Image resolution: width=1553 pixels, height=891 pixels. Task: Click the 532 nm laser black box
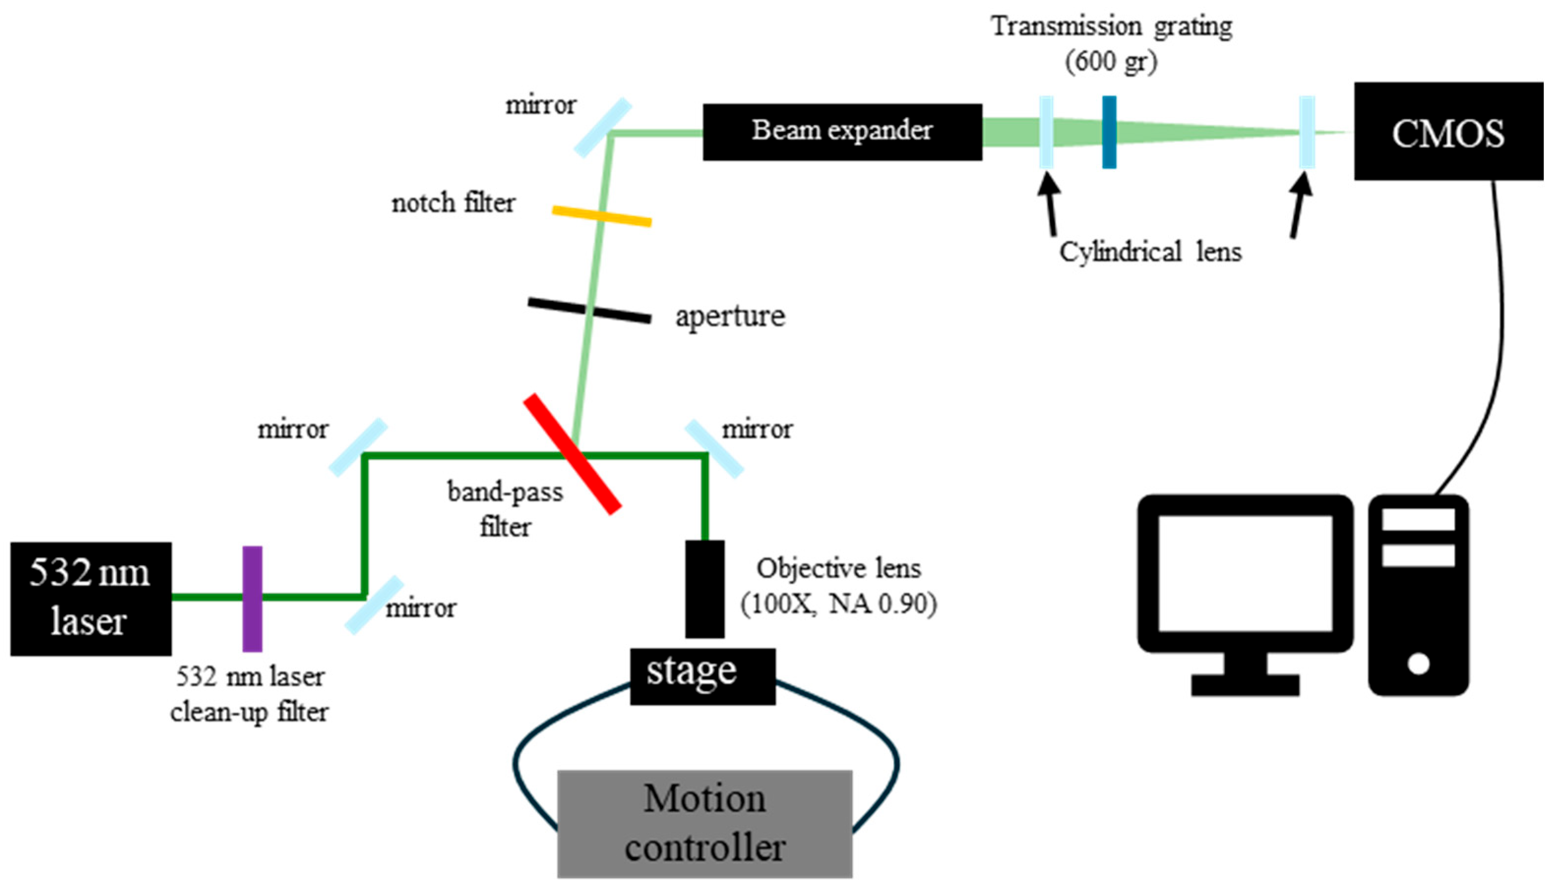click(90, 599)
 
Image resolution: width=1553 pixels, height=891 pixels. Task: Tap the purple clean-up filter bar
click(252, 599)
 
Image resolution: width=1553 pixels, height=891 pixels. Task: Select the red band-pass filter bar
click(572, 454)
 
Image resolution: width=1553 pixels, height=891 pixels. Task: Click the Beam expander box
click(842, 132)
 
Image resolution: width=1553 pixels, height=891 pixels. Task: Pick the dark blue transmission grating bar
click(1108, 132)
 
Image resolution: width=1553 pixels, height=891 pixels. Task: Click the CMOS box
click(1448, 132)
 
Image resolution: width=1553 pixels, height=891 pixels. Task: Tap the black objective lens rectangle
click(705, 589)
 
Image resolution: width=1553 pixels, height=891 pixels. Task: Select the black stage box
click(702, 676)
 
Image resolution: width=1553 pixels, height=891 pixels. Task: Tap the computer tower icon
click(1418, 595)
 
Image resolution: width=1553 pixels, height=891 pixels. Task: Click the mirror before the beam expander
click(602, 127)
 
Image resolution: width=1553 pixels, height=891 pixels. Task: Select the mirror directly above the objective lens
click(714, 449)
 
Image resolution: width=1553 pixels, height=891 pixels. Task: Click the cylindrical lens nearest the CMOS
click(1306, 132)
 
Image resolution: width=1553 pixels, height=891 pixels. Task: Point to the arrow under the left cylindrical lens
click(1050, 204)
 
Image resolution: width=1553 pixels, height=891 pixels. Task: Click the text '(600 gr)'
click(1111, 61)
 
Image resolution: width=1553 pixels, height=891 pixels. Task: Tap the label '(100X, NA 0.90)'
click(838, 604)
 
